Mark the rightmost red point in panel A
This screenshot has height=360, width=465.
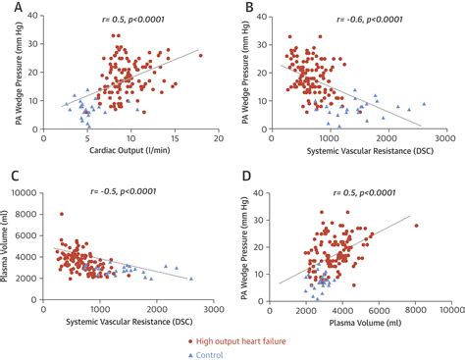[x=200, y=55]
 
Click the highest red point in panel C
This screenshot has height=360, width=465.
[x=61, y=214]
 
